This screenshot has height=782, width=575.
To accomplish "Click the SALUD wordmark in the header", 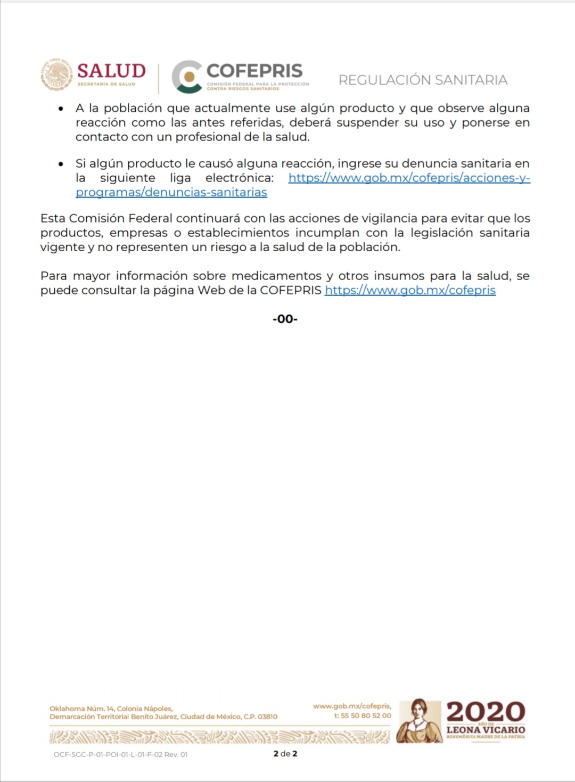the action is (x=111, y=71).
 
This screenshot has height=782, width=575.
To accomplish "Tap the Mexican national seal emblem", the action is (x=57, y=75).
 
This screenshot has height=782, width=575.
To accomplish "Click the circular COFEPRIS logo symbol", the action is (x=187, y=77).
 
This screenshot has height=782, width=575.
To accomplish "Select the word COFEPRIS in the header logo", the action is (x=254, y=71).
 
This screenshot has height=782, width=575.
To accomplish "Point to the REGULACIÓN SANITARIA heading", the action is (x=423, y=80).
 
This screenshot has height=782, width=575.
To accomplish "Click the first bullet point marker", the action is (x=61, y=109).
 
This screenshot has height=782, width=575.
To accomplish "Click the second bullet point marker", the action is (x=61, y=164).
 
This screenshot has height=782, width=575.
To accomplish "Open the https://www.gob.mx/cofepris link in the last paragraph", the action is (x=410, y=290).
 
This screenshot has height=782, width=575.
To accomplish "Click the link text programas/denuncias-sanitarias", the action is (x=171, y=192).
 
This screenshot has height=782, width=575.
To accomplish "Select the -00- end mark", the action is (x=285, y=319).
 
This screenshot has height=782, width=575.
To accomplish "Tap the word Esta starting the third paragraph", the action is (x=53, y=218).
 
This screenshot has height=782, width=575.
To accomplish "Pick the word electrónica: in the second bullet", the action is (x=240, y=178).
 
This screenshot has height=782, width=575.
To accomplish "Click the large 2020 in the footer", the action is (x=486, y=712).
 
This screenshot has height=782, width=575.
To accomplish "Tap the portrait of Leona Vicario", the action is (x=420, y=721).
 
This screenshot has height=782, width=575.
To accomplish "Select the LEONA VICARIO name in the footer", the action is (x=486, y=730).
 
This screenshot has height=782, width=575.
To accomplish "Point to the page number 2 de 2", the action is (x=285, y=754).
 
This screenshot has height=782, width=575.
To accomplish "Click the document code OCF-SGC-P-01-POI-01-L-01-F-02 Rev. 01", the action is (x=120, y=754).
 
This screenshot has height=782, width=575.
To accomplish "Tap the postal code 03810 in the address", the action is (x=267, y=717).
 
